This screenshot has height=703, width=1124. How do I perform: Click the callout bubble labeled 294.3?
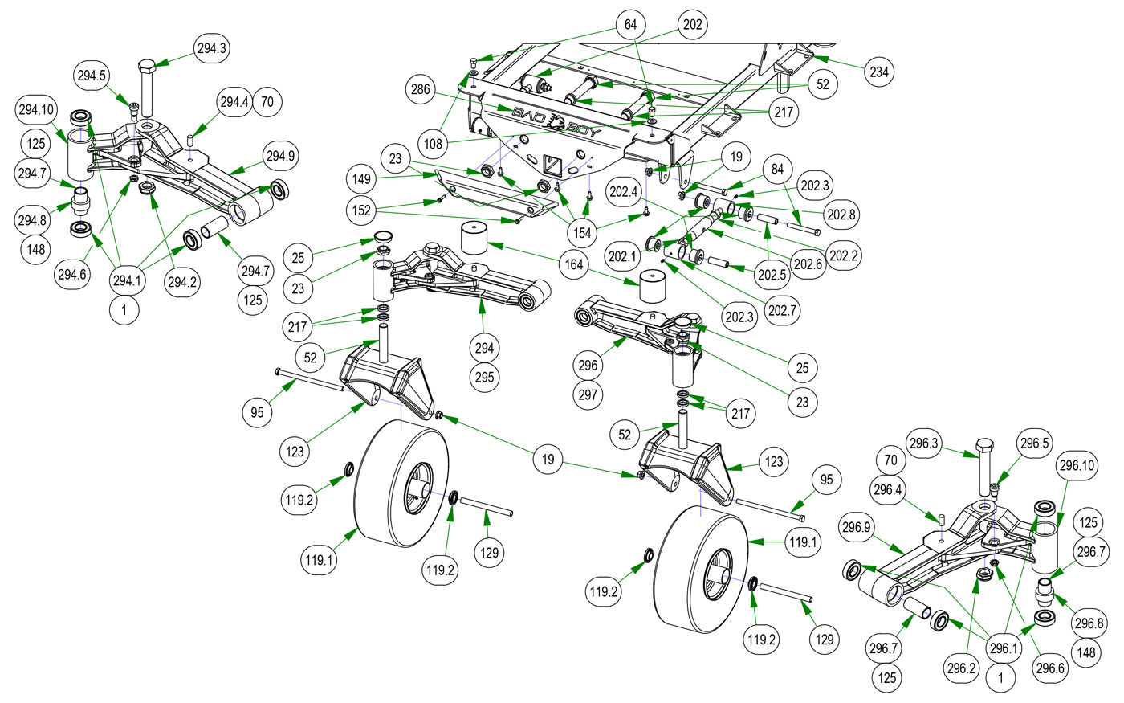coord(212,49)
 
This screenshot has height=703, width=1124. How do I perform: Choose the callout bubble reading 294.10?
coord(37,109)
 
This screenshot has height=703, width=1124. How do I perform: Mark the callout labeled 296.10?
coord(1077,466)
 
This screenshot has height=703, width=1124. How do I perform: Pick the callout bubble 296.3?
coord(925,442)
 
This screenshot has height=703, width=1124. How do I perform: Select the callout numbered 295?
coord(484,377)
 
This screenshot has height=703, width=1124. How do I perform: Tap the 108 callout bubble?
coord(434,145)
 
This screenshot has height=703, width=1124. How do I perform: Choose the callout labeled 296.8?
coord(1089,623)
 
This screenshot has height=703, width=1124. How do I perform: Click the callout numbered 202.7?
coord(782,310)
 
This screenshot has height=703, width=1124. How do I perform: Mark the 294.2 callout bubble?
coord(181,282)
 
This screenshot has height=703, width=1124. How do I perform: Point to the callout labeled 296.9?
coord(856,528)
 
